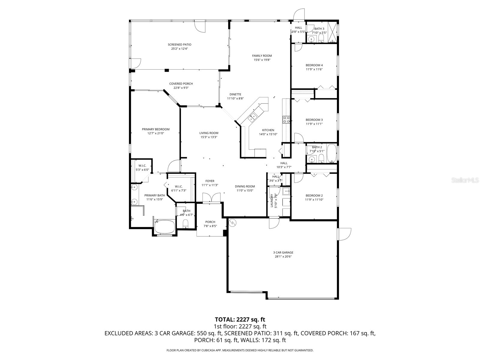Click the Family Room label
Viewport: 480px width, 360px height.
262,55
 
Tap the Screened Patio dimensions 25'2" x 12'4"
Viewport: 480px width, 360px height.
179,49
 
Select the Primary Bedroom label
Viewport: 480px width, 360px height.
156,129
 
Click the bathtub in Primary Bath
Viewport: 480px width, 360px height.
164,227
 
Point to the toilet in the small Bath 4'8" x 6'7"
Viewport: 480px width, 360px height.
185,224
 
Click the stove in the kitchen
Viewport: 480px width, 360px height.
286,120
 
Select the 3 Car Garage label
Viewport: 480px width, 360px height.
283,253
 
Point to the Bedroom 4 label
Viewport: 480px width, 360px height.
314,65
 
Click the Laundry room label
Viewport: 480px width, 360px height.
272,200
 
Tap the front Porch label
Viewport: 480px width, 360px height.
210,222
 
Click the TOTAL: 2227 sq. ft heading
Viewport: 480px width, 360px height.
240,319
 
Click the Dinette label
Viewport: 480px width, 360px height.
235,94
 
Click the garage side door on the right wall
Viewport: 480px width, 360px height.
344,234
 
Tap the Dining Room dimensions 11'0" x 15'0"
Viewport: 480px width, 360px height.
245,190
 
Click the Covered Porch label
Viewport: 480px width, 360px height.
181,84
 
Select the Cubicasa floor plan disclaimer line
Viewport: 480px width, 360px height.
240,350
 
